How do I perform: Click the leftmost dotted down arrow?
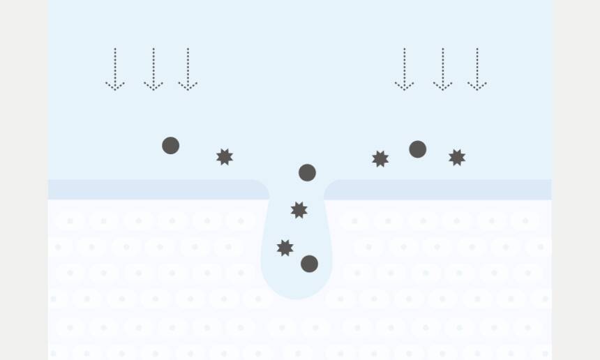(115, 69)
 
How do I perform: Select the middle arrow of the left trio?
(153, 69)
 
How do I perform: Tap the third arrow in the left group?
(188, 69)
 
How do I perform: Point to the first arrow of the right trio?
(404, 69)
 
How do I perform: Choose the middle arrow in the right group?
(442, 69)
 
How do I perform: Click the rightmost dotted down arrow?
(477, 69)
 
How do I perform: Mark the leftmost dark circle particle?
(171, 145)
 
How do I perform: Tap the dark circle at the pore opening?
(307, 172)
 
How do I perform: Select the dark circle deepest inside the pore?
(309, 264)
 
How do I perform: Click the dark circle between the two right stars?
(417, 149)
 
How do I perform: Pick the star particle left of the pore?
(225, 156)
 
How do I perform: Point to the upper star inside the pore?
(299, 209)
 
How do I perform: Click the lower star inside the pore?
(285, 248)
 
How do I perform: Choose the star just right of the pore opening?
(380, 159)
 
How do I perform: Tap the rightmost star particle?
(457, 157)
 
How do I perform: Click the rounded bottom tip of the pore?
(297, 294)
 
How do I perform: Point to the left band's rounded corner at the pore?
(264, 186)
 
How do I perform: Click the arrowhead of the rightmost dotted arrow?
(477, 87)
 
